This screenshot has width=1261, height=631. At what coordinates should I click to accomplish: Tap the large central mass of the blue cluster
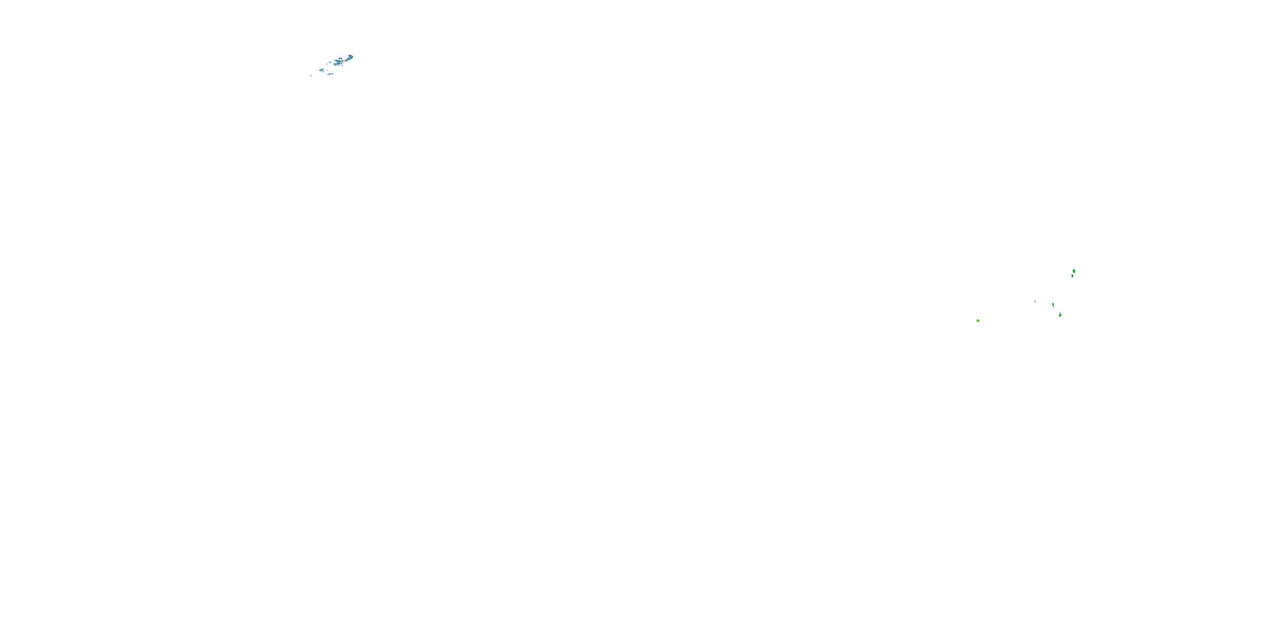[338, 63]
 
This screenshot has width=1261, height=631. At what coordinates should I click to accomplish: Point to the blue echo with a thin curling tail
[322, 70]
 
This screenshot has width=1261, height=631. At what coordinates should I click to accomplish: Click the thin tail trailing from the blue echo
[323, 72]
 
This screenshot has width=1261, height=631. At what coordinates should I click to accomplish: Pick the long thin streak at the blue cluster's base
[330, 74]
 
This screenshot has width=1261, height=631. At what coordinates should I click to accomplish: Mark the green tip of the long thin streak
[327, 74]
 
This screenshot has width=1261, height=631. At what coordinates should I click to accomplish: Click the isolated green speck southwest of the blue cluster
[311, 75]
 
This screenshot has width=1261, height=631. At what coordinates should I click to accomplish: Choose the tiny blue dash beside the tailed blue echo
[327, 71]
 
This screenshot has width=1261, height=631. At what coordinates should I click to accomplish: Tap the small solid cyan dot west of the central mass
[327, 64]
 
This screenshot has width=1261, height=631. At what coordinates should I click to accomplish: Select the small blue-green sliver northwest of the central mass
[330, 63]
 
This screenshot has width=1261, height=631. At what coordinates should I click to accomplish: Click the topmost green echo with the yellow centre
[1074, 271]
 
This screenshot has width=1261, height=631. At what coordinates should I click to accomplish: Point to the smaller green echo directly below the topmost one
[1073, 276]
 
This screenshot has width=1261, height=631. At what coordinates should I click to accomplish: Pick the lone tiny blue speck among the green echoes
[1035, 302]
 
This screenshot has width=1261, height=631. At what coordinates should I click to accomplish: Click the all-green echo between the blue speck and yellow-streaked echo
[1053, 305]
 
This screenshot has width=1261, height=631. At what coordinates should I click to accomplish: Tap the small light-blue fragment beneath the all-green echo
[1054, 308]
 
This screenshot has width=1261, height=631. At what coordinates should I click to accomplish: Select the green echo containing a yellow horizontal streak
[1061, 315]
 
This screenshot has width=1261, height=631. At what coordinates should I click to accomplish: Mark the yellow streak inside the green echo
[1061, 316]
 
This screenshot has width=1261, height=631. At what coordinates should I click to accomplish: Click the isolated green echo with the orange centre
[978, 321]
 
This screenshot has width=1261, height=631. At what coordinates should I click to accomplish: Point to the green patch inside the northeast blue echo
[348, 59]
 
